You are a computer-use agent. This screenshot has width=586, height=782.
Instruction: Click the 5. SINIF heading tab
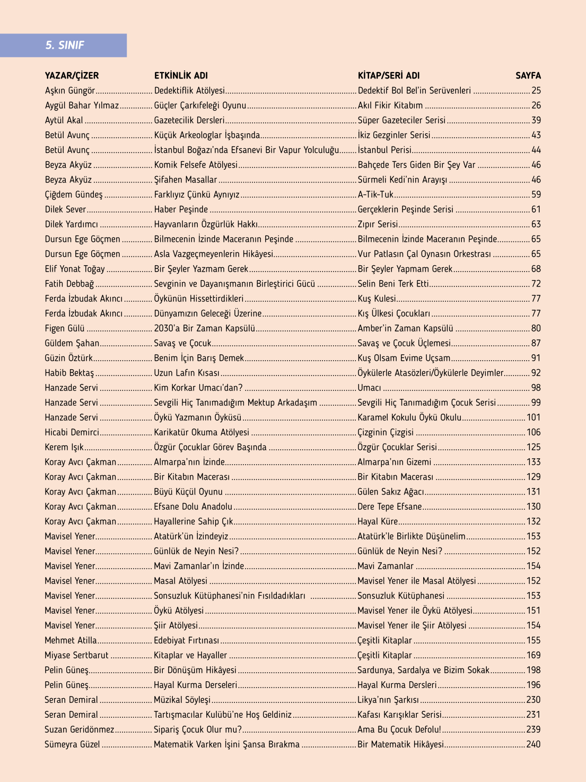coord(64,45)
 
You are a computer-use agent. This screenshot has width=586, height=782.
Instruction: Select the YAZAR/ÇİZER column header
coord(72,75)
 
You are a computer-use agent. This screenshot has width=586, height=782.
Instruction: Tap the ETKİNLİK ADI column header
coord(181,75)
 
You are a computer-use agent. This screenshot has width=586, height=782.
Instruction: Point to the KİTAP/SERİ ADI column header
coord(389,75)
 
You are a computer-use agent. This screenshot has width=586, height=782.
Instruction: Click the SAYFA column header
coord(528,75)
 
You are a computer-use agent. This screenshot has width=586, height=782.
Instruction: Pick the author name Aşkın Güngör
coord(70,91)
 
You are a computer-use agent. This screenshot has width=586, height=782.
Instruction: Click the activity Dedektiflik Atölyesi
coord(189,91)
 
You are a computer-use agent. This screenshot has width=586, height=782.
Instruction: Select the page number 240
coord(533,744)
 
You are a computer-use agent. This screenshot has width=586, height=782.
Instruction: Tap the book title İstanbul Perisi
coord(384,150)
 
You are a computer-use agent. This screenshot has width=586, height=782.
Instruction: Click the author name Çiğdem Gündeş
coord(74,195)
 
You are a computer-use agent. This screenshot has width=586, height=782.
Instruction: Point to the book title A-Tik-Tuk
coord(375,195)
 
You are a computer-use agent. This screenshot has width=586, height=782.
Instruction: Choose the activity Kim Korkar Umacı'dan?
coord(198,388)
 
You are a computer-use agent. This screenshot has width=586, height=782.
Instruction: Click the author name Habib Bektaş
coord(69,373)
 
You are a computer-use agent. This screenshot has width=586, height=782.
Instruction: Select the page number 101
coord(533,418)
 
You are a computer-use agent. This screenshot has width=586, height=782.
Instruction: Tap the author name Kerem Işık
coord(64,447)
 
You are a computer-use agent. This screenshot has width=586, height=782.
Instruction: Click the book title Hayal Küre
coord(378,522)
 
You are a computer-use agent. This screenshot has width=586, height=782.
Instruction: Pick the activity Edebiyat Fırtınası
coord(186,640)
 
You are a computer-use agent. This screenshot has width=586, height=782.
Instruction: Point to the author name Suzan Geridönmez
coord(80,729)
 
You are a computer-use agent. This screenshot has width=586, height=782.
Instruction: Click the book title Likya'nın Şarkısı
coord(388,700)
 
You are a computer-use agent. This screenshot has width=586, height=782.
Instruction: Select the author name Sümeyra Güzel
coord(72,744)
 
